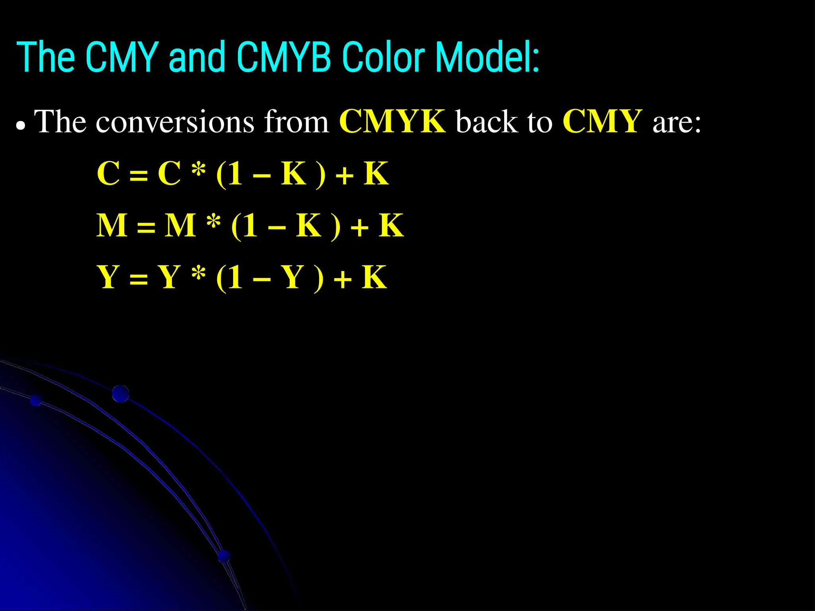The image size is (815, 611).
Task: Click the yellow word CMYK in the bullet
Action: click(392, 121)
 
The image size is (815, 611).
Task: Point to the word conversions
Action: click(175, 122)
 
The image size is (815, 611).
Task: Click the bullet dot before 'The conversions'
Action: click(21, 126)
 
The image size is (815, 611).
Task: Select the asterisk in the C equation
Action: click(198, 170)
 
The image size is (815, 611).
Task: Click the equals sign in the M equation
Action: click(146, 228)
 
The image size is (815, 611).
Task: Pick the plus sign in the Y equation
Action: click(343, 280)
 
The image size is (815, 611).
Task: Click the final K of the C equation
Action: click(376, 173)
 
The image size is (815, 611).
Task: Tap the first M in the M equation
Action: click(112, 226)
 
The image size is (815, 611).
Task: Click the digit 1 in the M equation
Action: click(250, 226)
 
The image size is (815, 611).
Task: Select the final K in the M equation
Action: click(391, 226)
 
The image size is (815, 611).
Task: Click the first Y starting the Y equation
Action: click(108, 277)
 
